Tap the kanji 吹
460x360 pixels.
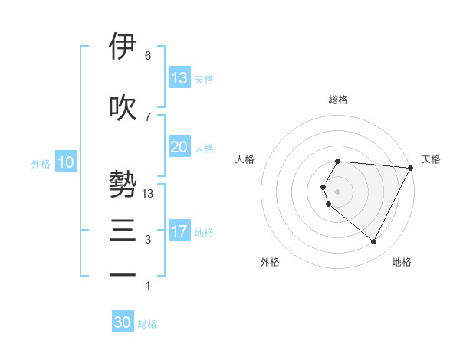pyautogui.click(x=123, y=107)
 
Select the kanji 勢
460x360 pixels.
pyautogui.click(x=123, y=184)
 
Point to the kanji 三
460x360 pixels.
pyautogui.click(x=123, y=230)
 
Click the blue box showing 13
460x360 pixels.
pyautogui.click(x=179, y=78)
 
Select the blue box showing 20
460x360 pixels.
pyautogui.click(x=179, y=147)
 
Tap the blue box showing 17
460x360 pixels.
pyautogui.click(x=179, y=231)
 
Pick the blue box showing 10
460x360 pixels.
pyautogui.click(x=66, y=162)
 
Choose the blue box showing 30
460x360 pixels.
pyautogui.click(x=123, y=322)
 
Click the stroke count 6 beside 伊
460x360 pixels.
pyautogui.click(x=148, y=56)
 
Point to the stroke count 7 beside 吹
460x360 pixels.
pyautogui.click(x=148, y=117)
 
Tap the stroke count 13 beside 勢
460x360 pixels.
pyautogui.click(x=149, y=194)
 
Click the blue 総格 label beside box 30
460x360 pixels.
pyautogui.click(x=147, y=324)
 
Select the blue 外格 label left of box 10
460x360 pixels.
pyautogui.click(x=41, y=164)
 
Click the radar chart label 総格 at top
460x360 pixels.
pyautogui.click(x=337, y=100)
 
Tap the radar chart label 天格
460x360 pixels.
pyautogui.click(x=432, y=159)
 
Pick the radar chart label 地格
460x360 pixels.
pyautogui.click(x=402, y=262)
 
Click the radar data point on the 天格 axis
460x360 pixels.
pyautogui.click(x=410, y=168)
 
